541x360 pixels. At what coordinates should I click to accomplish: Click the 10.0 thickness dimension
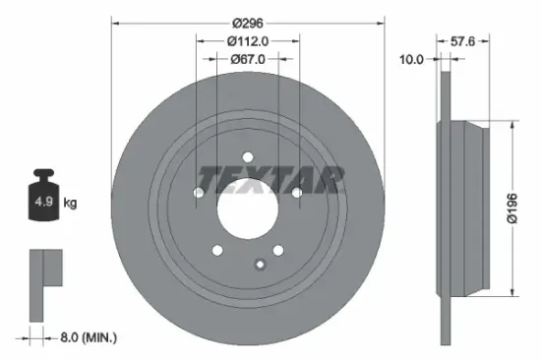pyautogui.click(x=411, y=59)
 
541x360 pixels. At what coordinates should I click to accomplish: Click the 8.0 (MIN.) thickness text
pyautogui.click(x=84, y=338)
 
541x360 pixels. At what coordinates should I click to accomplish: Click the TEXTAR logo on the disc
pyautogui.click(x=271, y=177)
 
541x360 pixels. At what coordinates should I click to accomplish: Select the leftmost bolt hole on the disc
pyautogui.click(x=200, y=192)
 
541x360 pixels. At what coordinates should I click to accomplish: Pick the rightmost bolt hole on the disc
pyautogui.click(x=295, y=192)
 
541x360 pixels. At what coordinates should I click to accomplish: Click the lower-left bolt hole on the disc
pyautogui.click(x=217, y=245)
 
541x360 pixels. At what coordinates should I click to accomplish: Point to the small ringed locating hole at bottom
pyautogui.click(x=261, y=262)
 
